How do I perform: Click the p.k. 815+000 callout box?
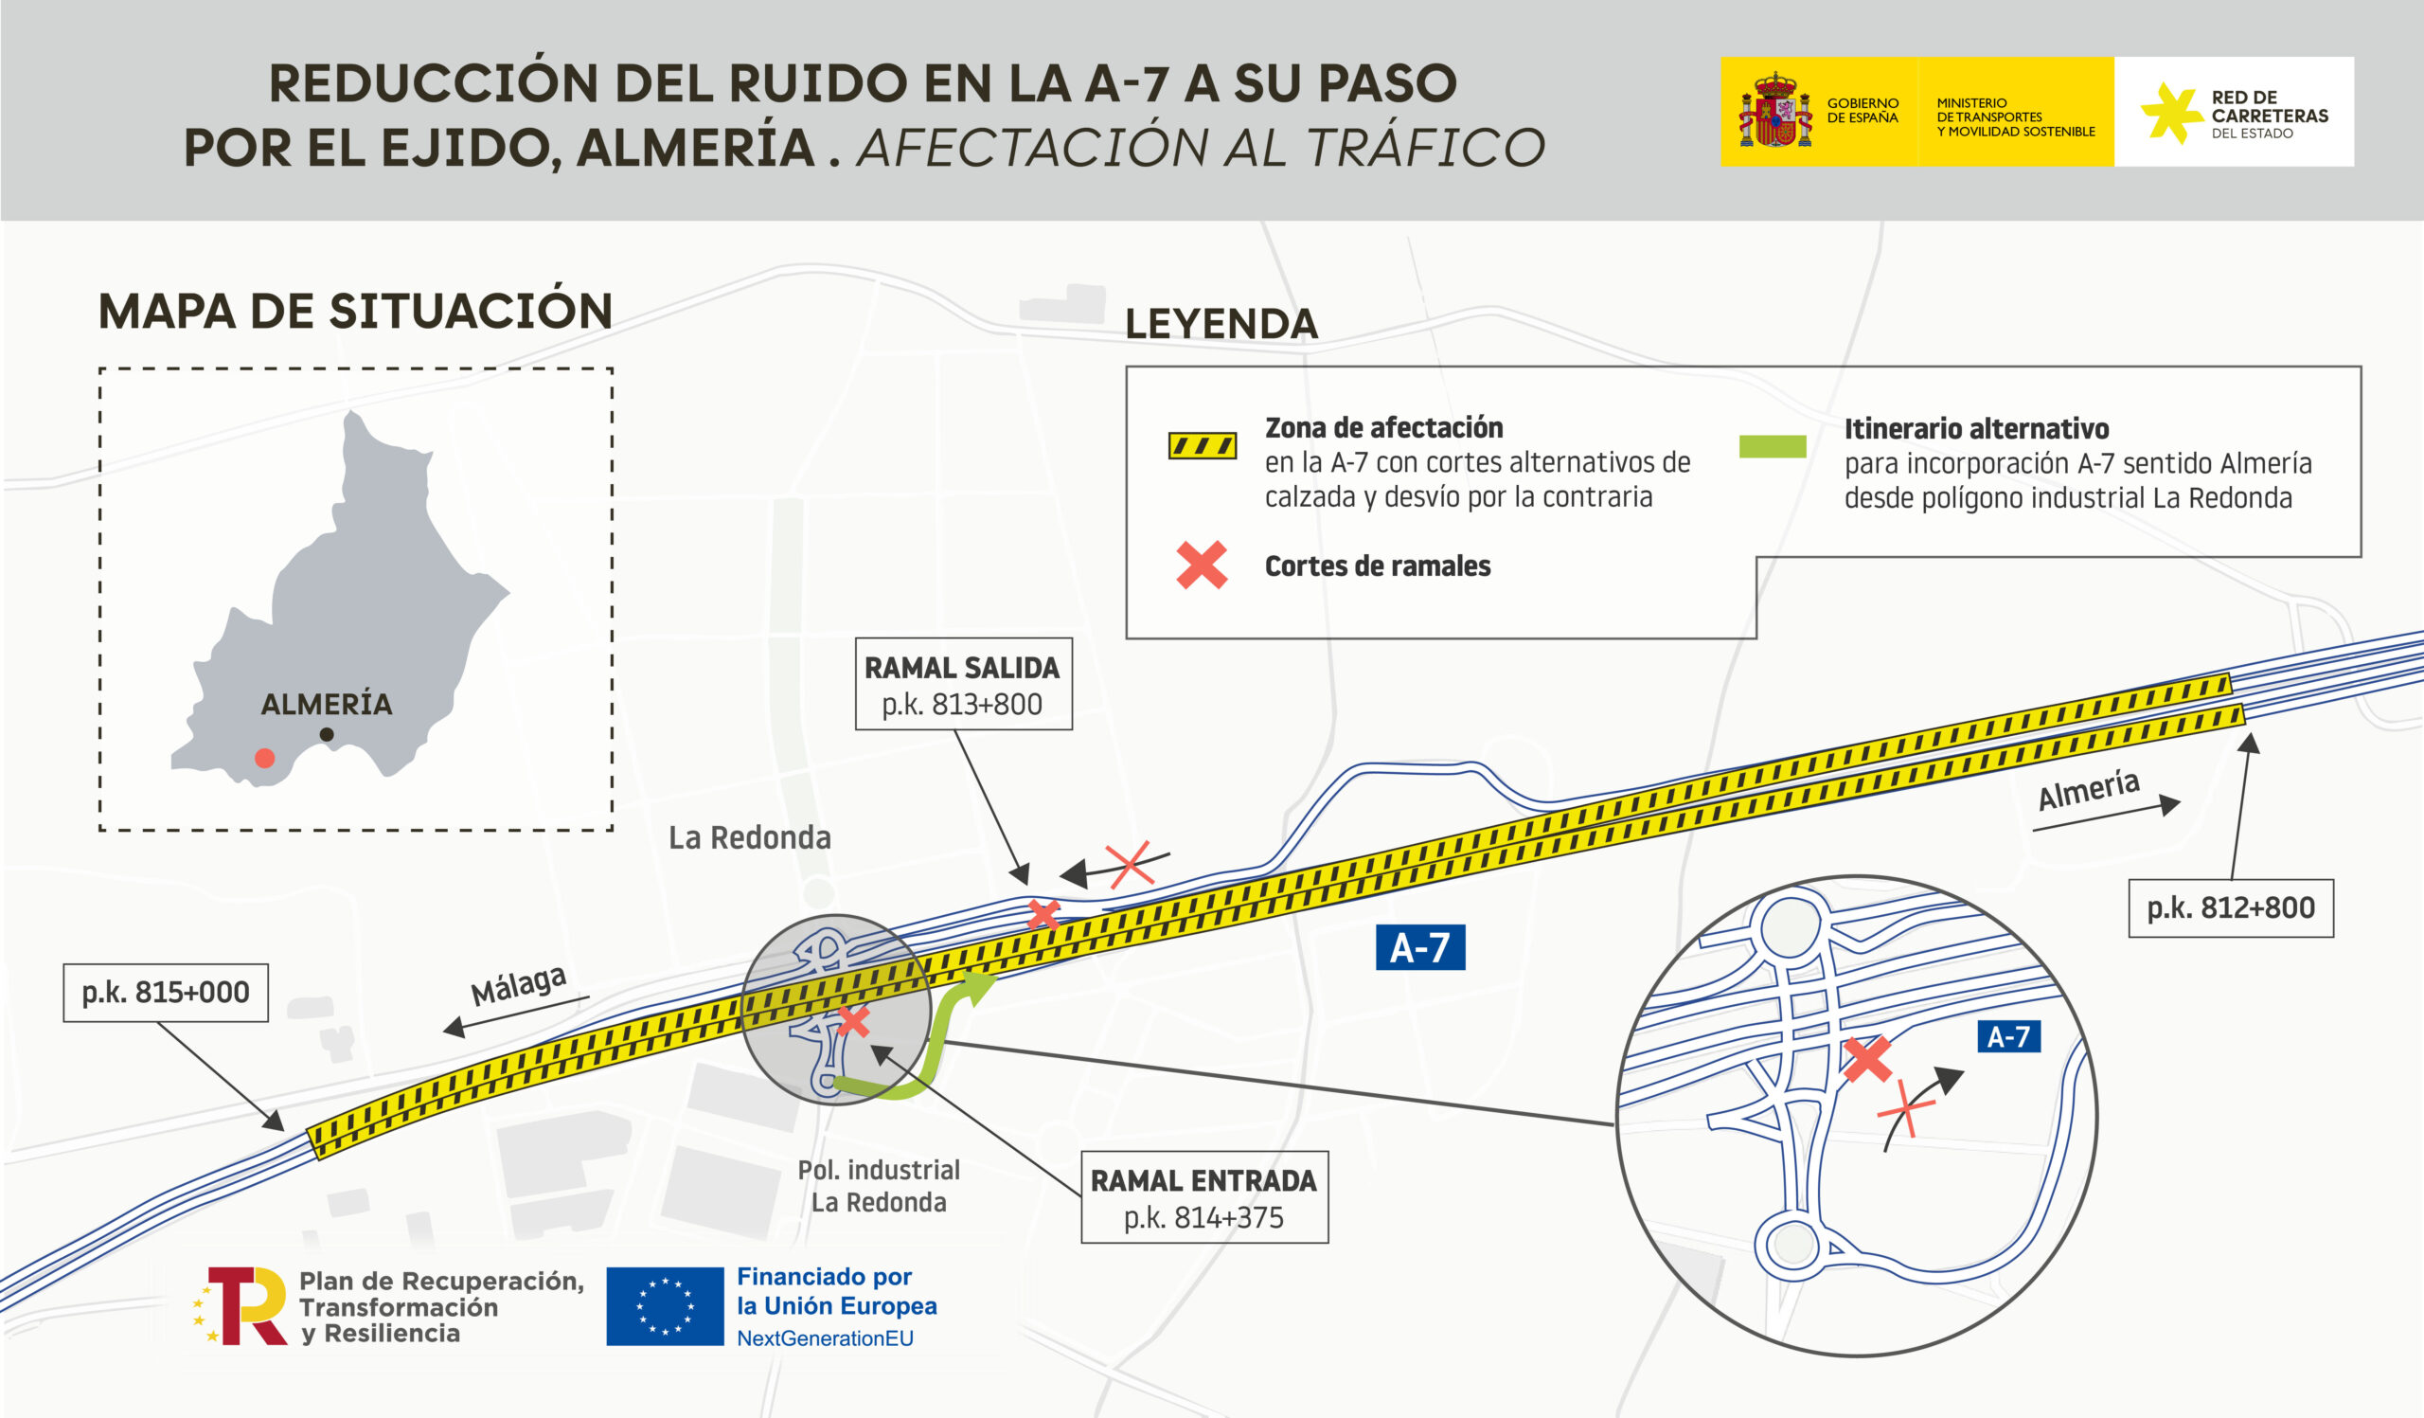click(x=166, y=992)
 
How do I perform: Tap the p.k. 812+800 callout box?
click(x=2231, y=908)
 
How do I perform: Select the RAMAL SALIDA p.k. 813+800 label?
click(x=963, y=684)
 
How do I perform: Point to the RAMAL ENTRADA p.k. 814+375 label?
click(x=1204, y=1197)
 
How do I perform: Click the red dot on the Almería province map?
click(x=264, y=758)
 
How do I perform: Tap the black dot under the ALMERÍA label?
click(x=327, y=735)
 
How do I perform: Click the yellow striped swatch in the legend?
click(x=1203, y=446)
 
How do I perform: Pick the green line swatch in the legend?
click(x=1773, y=446)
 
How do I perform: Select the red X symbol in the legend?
click(x=1202, y=565)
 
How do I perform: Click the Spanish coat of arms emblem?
click(x=1774, y=111)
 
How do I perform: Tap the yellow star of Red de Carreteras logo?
click(x=2170, y=113)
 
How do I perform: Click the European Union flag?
click(x=665, y=1306)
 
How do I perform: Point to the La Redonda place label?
click(x=750, y=838)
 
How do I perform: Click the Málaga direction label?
click(x=519, y=984)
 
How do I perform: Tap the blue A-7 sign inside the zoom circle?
click(x=2008, y=1036)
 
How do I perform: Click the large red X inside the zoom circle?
click(x=1867, y=1059)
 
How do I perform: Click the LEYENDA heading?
click(x=1221, y=323)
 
